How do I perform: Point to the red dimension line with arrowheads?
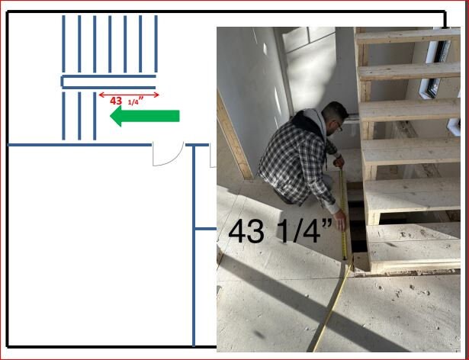pos(129,95)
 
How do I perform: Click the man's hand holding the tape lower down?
pos(339,223)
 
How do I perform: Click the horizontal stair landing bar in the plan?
pos(108,82)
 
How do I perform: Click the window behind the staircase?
pos(439,69)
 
